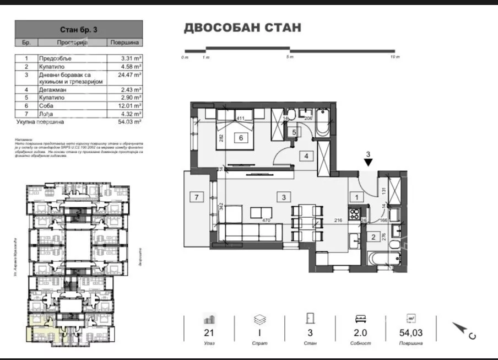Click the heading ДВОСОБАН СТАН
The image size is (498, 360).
pos(242,28)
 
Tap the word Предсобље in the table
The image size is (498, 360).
pos(56,58)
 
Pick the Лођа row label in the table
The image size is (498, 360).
pos(46,114)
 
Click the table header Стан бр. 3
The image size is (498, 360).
pos(78,30)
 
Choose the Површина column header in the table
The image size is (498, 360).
pos(125,42)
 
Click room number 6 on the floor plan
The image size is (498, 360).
pos(241,138)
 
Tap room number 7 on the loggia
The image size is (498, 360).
pos(195,196)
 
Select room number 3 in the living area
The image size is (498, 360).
pos(283,197)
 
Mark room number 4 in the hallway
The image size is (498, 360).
pos(305,156)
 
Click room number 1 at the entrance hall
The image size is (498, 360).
pos(356,196)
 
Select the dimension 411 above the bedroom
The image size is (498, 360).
pos(240,118)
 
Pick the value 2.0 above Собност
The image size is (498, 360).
pos(360,332)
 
